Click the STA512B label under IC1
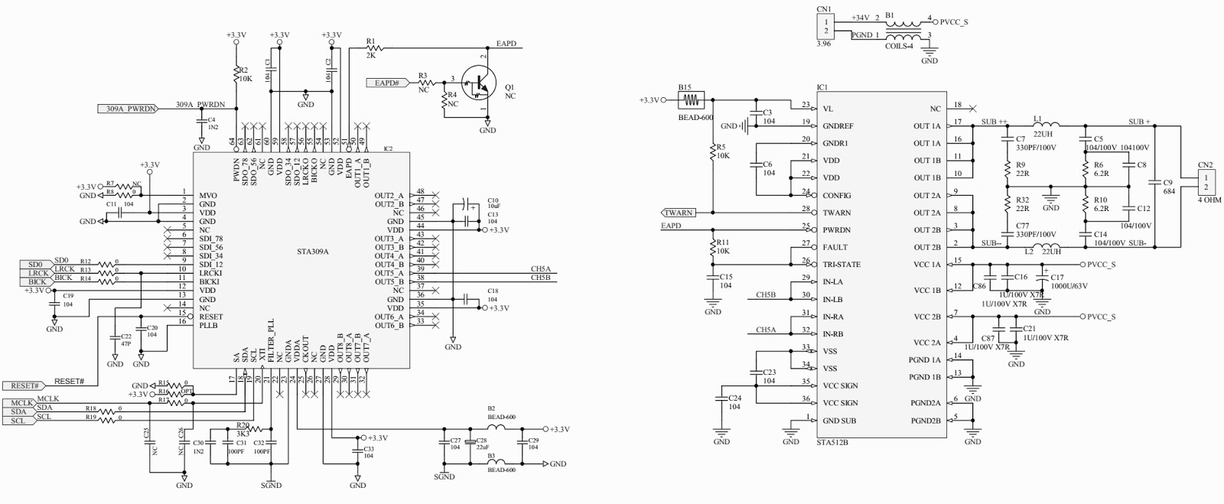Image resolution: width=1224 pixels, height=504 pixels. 832,442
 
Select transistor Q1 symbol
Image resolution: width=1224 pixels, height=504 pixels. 480,83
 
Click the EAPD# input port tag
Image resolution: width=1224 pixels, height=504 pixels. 389,83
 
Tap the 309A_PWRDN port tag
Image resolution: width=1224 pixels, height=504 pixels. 130,109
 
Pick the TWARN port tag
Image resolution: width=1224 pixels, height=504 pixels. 679,213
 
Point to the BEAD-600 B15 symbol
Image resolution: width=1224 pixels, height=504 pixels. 693,99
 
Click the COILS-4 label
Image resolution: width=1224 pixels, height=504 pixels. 899,46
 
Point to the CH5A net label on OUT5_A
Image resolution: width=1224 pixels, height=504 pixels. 540,268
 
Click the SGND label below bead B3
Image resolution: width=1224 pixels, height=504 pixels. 444,476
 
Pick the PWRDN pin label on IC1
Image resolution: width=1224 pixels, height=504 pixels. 838,230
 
